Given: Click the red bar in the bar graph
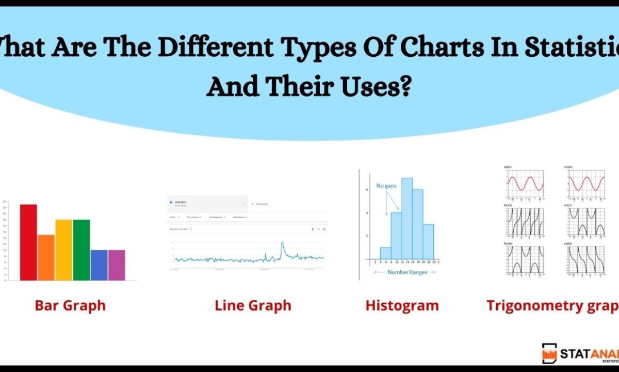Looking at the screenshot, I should [x=28, y=243].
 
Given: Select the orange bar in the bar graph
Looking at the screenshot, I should [x=46, y=258].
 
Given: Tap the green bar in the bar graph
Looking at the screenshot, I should [x=81, y=250].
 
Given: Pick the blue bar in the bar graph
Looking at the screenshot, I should [x=99, y=265].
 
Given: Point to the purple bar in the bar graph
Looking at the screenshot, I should [x=117, y=265].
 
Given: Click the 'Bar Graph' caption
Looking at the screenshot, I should [x=70, y=305].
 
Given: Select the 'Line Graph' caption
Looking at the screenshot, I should [x=253, y=305].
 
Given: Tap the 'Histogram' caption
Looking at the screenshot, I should [x=402, y=305].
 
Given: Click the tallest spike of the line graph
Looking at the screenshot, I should [x=282, y=244].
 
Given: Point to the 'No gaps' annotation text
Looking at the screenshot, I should [x=386, y=185].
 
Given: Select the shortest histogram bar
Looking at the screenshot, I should [x=385, y=253].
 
